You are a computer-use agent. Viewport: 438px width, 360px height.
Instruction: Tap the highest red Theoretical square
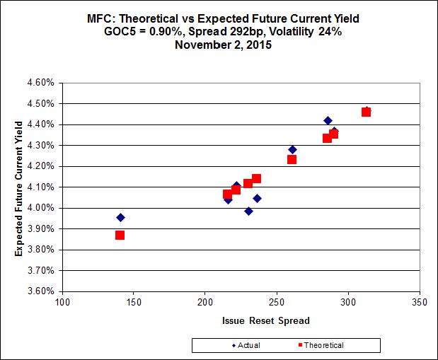pyautogui.click(x=366, y=112)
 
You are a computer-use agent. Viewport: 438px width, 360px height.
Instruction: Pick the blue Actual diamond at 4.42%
pyautogui.click(x=328, y=120)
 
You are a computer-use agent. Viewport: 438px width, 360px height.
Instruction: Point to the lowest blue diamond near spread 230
pyautogui.click(x=248, y=211)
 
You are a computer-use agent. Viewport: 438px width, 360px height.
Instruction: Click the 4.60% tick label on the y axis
pyautogui.click(x=41, y=83)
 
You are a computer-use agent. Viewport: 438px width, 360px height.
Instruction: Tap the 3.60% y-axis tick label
pyautogui.click(x=41, y=291)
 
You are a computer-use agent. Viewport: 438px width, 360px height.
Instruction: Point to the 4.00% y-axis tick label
pyautogui.click(x=41, y=208)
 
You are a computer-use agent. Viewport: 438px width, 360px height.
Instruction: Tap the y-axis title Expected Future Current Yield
pyautogui.click(x=19, y=187)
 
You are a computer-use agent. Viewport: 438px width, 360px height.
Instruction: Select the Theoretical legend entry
pyautogui.click(x=321, y=345)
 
